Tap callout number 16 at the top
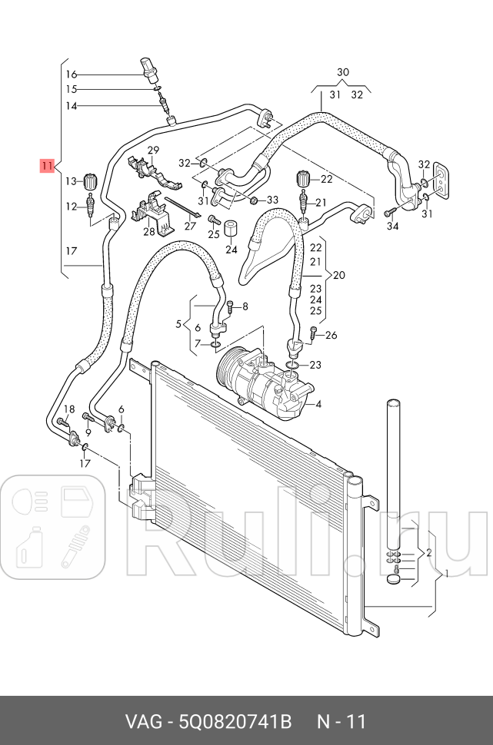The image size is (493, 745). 71,74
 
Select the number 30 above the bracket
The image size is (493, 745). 343,72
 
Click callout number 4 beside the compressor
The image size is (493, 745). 318,405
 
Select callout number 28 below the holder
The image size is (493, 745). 148,231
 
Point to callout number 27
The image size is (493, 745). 190,227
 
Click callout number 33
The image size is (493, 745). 272,200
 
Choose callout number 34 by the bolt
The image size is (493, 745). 393,227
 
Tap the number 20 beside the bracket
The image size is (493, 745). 339,275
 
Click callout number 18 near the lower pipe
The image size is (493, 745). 69,409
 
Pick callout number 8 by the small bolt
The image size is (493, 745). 245,307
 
